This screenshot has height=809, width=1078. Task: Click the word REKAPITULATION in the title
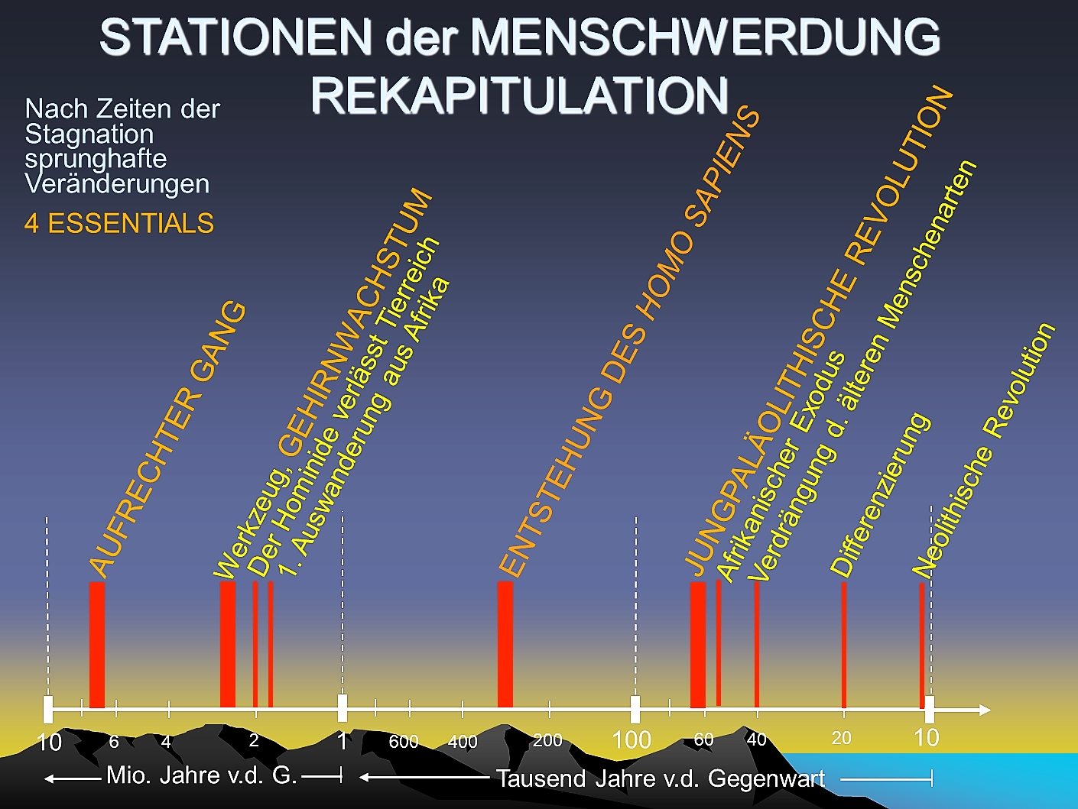(x=520, y=95)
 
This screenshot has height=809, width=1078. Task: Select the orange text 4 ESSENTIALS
(x=119, y=223)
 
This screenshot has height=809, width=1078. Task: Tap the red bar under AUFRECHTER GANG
(x=97, y=645)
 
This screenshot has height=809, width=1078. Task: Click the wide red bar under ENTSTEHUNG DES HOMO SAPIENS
(x=505, y=644)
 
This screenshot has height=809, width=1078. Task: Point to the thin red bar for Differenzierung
(x=844, y=645)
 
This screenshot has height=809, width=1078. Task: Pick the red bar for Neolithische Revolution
(x=922, y=646)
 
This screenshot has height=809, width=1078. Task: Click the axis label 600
(x=403, y=741)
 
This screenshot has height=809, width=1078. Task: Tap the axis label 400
(x=462, y=741)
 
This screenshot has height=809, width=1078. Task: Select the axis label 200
(x=547, y=739)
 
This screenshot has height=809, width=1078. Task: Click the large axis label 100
(x=632, y=739)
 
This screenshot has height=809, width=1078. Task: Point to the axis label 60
(x=703, y=739)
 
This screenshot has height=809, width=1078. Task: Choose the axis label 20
(x=841, y=738)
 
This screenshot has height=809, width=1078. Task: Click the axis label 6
(x=114, y=741)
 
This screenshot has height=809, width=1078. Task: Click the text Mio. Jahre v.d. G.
(x=201, y=775)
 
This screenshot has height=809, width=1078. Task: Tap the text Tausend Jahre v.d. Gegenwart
(x=661, y=778)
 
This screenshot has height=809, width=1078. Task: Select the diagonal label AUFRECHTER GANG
(x=167, y=439)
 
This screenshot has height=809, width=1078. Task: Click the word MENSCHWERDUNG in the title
(x=705, y=37)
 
